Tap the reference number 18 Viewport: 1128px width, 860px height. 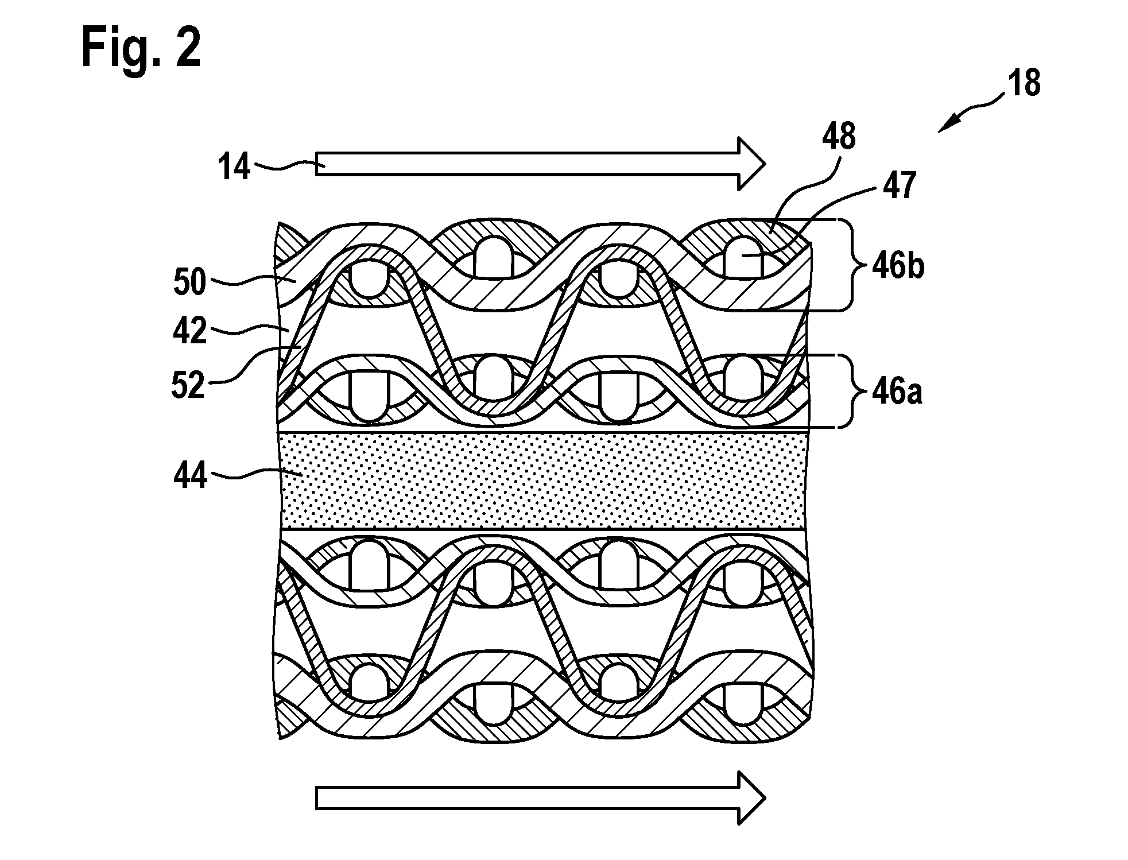point(1024,83)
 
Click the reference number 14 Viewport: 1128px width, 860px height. point(234,167)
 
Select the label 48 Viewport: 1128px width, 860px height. point(838,137)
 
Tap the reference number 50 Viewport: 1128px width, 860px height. point(189,282)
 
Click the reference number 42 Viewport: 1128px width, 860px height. point(189,331)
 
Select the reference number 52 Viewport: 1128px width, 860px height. point(188,384)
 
